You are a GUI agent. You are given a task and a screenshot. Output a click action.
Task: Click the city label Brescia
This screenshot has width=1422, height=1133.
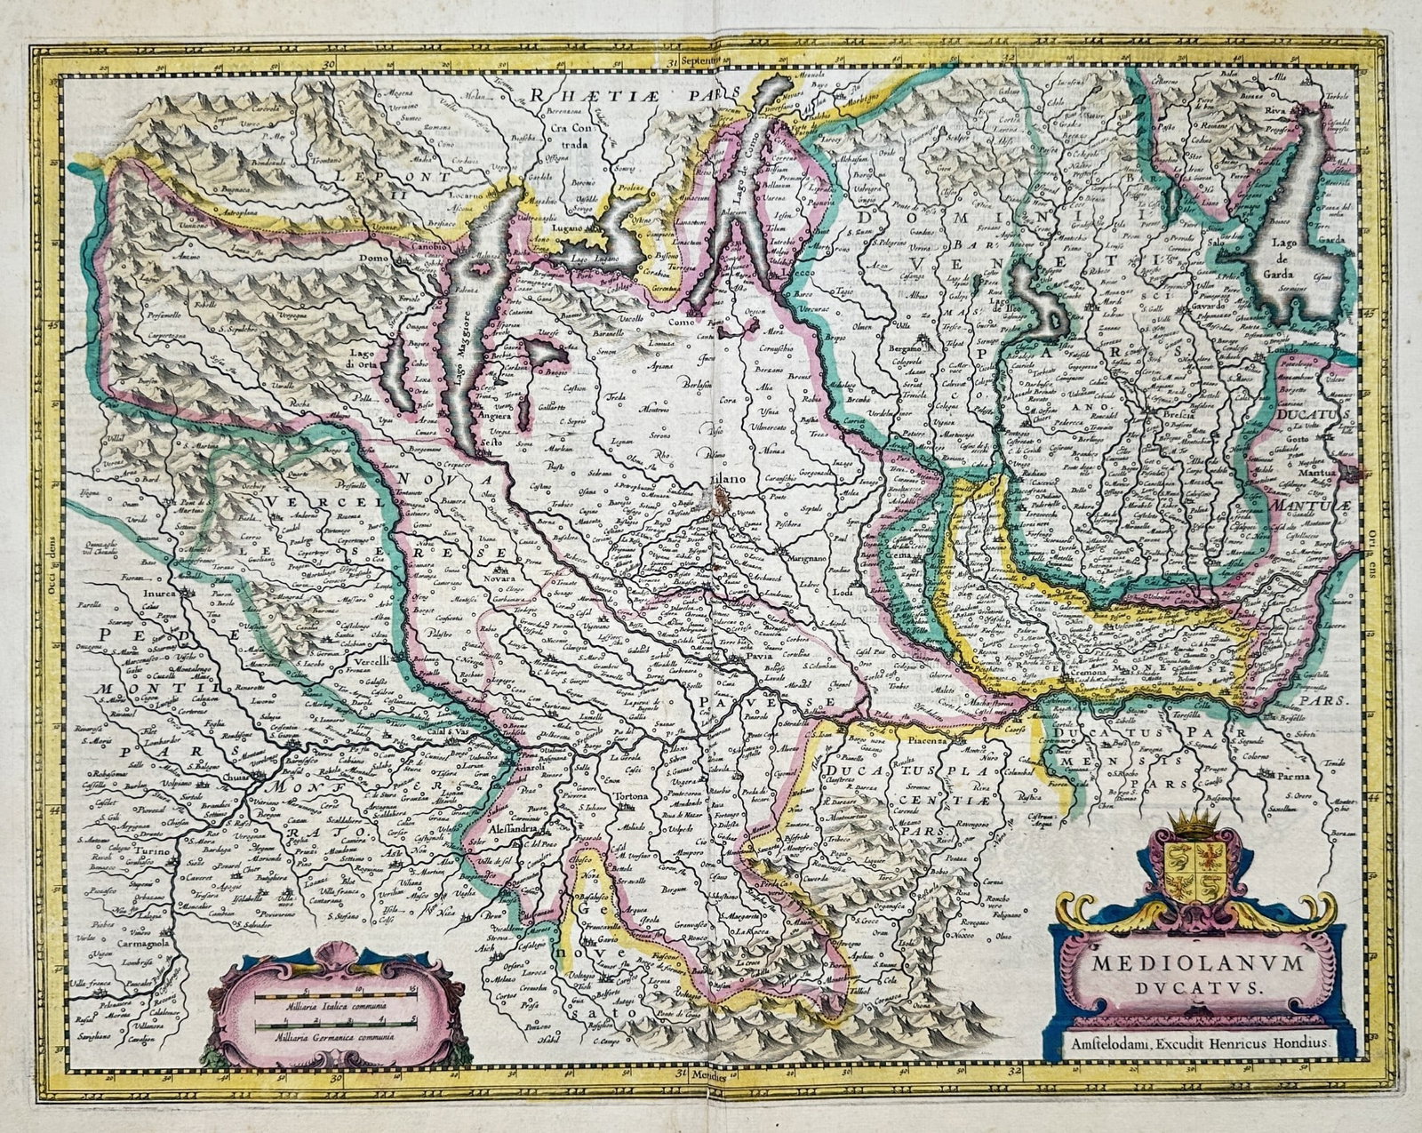coord(1165,414)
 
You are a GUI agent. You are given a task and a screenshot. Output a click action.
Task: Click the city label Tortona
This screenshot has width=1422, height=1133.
coord(626,794)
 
